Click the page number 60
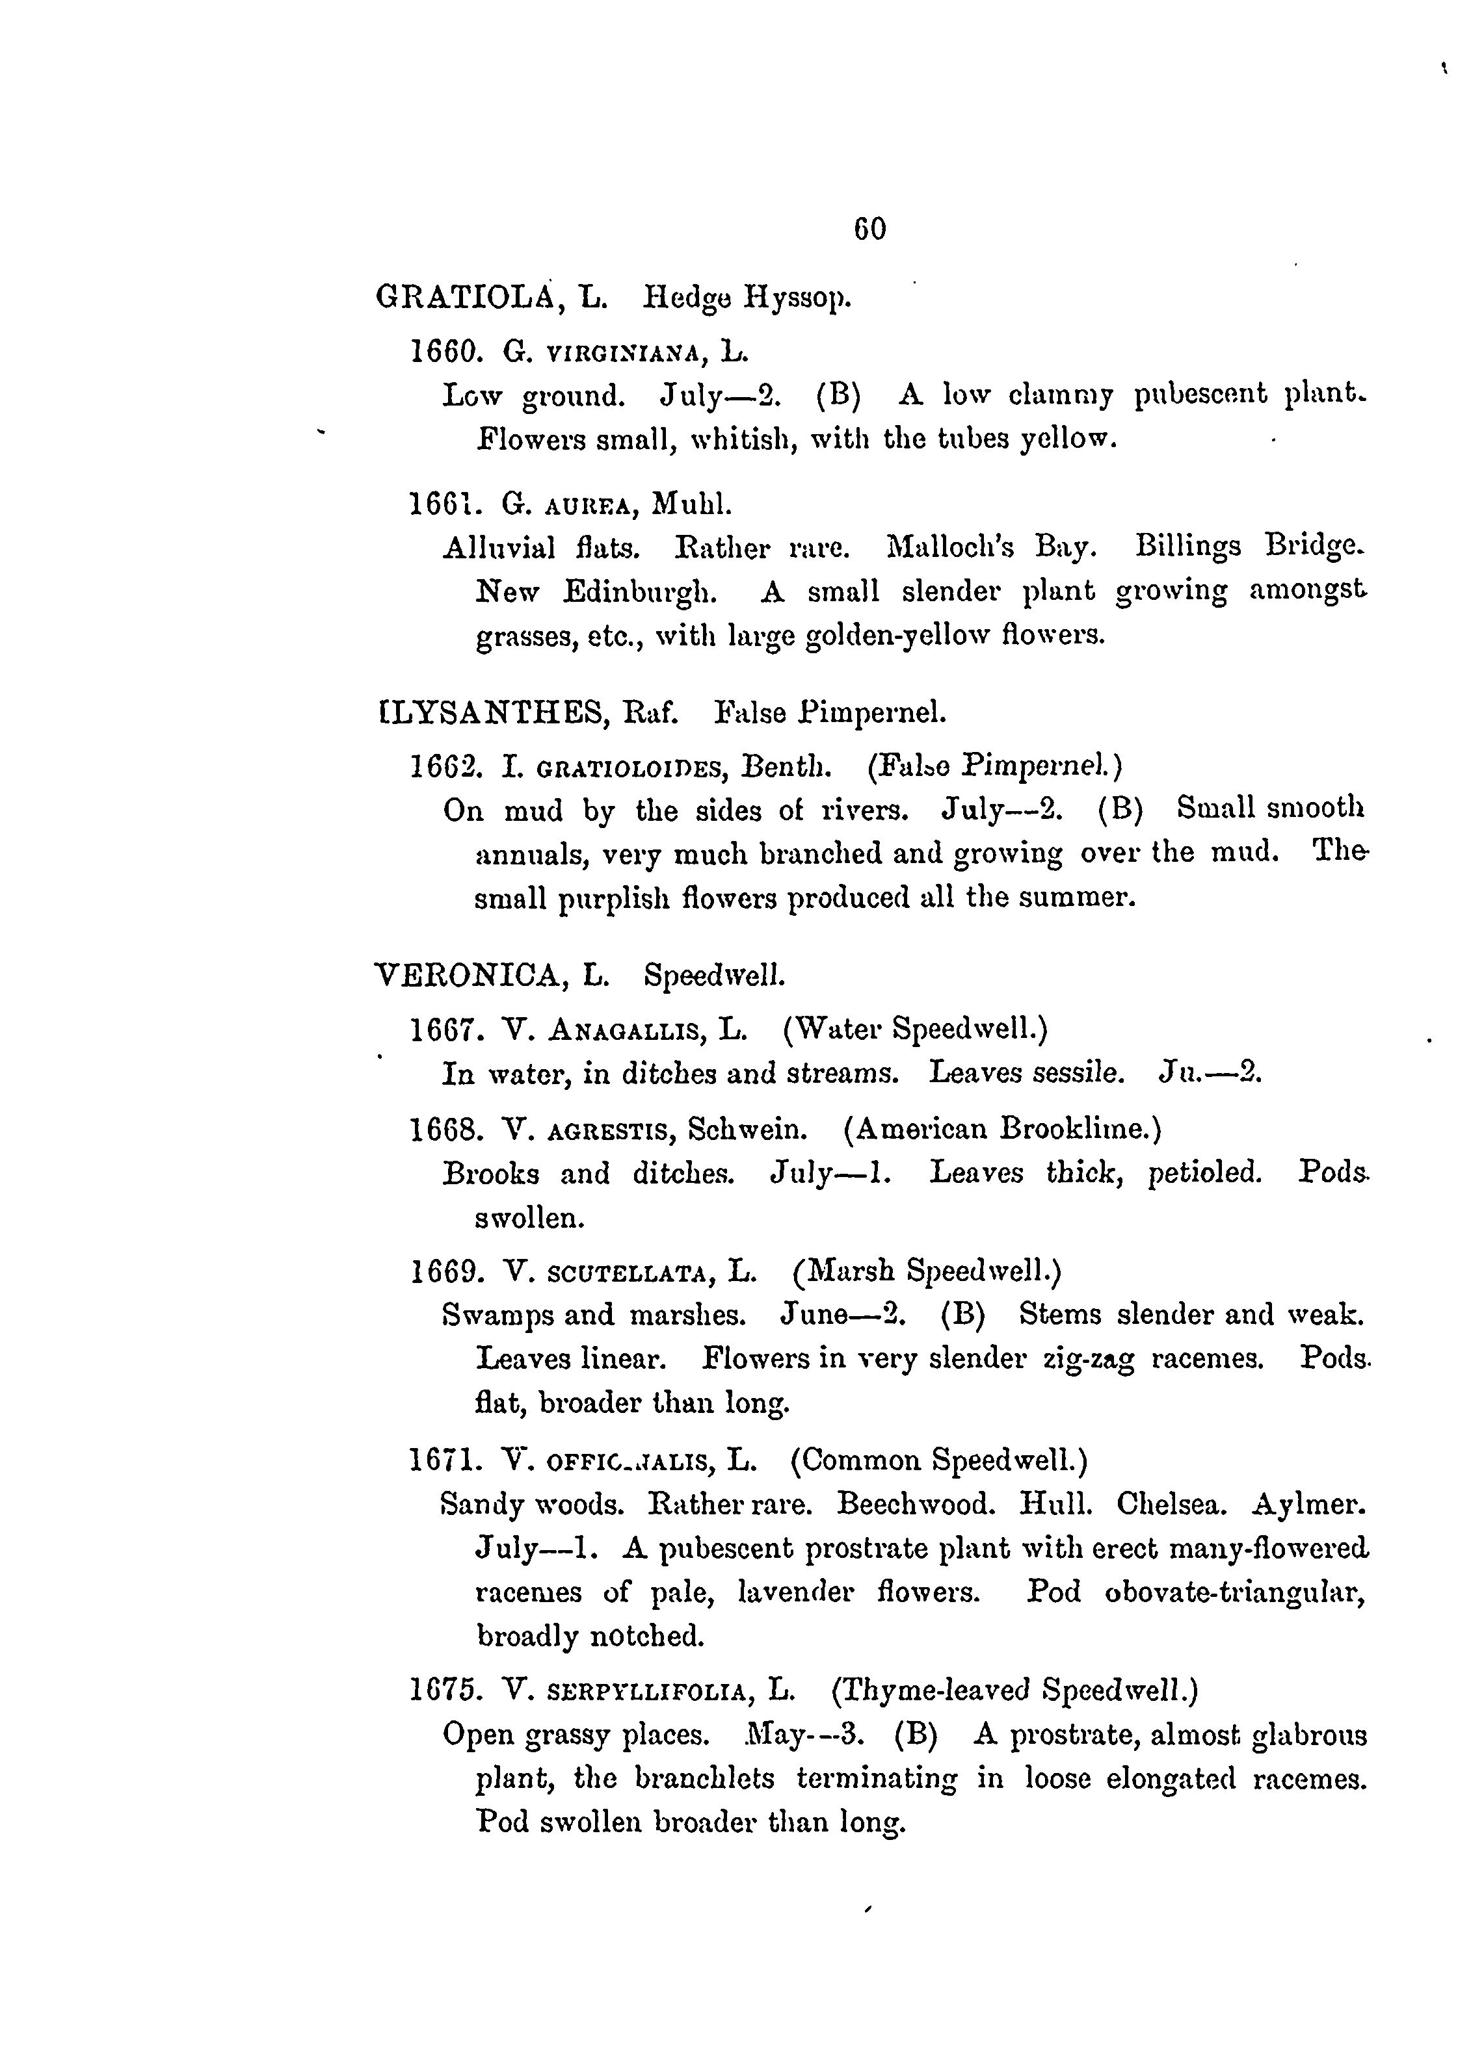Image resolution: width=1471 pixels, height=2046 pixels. pos(869,229)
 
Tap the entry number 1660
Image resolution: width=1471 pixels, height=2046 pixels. pos(443,349)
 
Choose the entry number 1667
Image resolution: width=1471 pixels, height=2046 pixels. pos(443,1028)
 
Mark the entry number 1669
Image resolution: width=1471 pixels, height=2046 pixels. pos(443,1271)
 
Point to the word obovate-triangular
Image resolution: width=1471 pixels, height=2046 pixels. pos(1234,1592)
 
